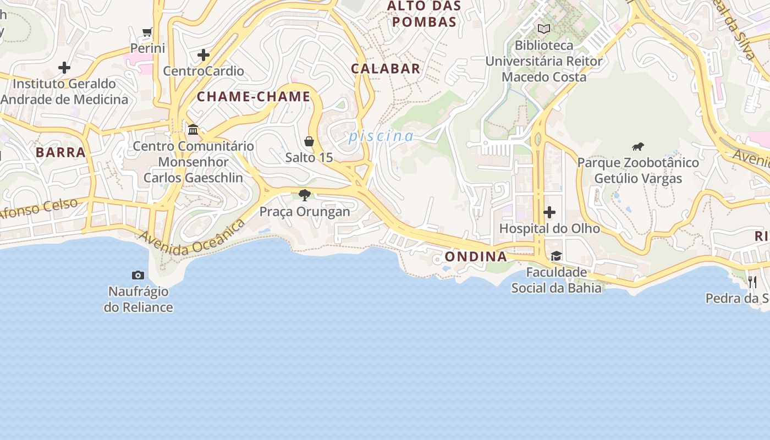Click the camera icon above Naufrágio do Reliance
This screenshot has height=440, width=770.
138,275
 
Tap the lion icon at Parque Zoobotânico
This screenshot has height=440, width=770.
638,146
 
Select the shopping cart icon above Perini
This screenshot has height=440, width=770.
147,32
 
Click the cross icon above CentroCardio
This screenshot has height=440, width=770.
204,55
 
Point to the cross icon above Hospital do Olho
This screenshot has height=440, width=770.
549,212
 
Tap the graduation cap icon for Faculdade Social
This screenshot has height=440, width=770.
556,256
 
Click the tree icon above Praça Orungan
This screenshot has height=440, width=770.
305,195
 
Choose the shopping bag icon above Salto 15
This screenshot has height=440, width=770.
309,141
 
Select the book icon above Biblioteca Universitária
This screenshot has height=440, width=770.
544,29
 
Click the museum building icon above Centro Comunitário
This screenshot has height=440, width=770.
193,130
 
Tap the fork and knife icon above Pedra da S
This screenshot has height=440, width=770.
752,282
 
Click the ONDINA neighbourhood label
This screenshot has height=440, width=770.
476,257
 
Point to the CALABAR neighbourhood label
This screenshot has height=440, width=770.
386,69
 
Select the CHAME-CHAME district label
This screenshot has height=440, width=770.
254,97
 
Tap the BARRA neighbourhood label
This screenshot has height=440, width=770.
61,152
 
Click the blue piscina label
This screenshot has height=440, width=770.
381,136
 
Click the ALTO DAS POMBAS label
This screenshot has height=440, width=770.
422,14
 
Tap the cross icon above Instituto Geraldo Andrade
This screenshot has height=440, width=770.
64,68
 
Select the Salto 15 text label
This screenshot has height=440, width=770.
309,158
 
